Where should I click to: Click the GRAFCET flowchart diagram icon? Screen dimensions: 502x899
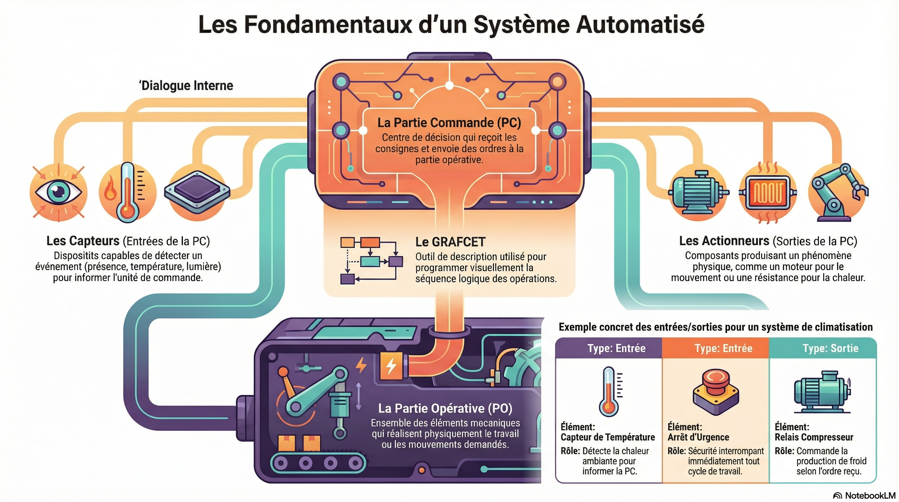371,260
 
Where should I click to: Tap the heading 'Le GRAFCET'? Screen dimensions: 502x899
450,242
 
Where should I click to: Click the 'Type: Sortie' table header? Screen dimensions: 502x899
830,348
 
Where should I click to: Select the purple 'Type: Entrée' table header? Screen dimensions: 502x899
616,348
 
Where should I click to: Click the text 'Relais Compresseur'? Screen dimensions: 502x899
814,437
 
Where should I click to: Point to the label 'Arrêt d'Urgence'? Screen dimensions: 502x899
698,437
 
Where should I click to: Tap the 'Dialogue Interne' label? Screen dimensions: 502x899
187,86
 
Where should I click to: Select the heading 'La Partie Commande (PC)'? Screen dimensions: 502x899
449,123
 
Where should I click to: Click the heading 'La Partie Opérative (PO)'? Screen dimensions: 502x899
445,408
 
